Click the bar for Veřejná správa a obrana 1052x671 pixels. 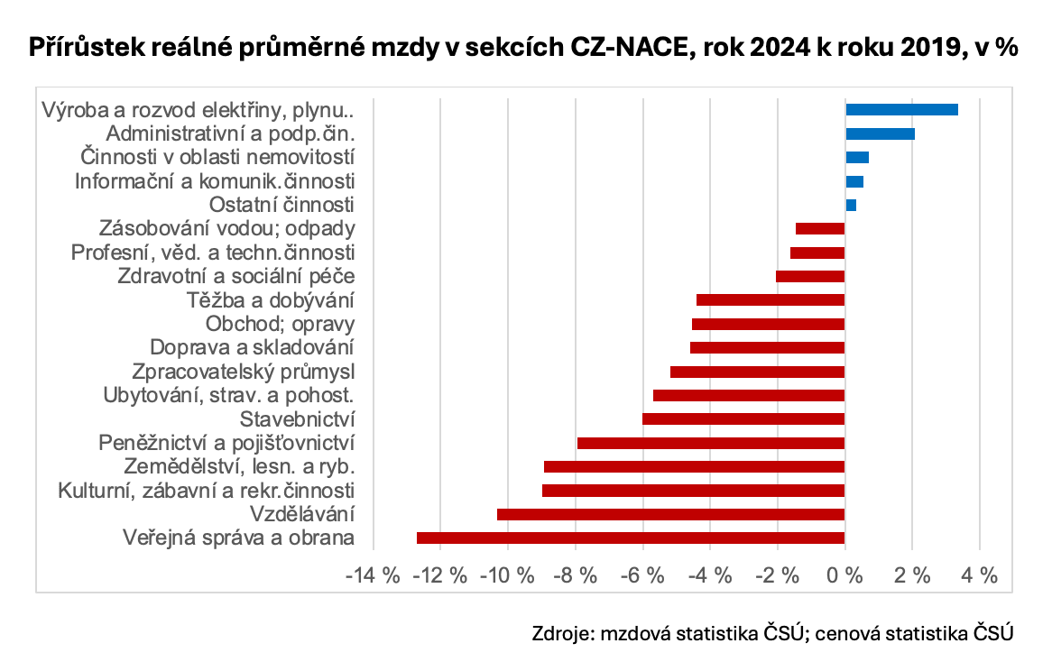click(x=631, y=538)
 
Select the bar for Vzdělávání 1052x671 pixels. click(x=670, y=514)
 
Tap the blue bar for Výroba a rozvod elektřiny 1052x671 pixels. click(x=901, y=110)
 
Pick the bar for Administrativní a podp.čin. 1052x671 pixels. click(x=880, y=134)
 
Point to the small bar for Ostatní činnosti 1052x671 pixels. click(x=851, y=206)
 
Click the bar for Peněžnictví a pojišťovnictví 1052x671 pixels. click(x=711, y=443)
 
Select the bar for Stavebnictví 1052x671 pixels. click(x=743, y=418)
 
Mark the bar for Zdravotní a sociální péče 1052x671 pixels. click(x=810, y=277)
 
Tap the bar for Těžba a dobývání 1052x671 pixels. click(x=771, y=300)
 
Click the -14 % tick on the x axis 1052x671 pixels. click(x=373, y=576)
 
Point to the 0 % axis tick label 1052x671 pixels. click(x=844, y=576)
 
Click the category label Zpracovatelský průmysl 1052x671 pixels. click(x=243, y=372)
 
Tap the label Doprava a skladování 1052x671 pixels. click(x=252, y=347)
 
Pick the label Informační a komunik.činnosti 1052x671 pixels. click(x=214, y=181)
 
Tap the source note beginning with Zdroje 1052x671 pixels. click(x=773, y=633)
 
